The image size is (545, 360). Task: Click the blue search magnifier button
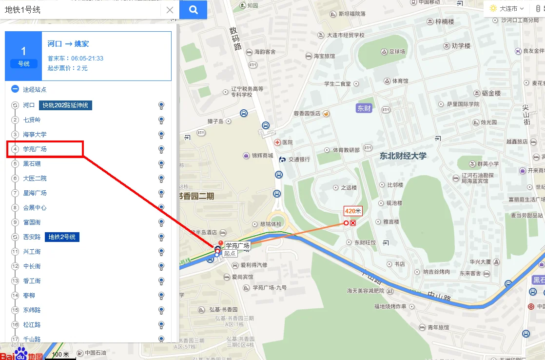tap(193, 10)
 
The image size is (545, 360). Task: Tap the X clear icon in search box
tap(170, 10)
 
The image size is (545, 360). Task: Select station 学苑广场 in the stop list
tap(35, 149)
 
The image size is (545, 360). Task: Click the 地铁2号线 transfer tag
tap(62, 237)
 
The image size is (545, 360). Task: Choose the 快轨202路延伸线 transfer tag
tap(66, 105)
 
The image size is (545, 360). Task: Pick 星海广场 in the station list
tap(35, 193)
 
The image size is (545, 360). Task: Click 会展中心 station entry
tap(35, 207)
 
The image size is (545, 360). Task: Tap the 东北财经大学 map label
tap(403, 156)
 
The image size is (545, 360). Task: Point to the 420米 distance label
tap(353, 211)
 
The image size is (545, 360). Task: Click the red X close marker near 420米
tap(353, 223)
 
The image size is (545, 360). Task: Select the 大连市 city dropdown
tap(507, 8)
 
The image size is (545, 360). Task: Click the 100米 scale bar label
tap(60, 355)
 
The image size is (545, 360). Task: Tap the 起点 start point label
tap(230, 254)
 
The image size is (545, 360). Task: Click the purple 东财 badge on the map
tap(364, 108)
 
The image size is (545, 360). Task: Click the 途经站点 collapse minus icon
tap(15, 89)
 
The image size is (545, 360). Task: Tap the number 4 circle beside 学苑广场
tap(15, 149)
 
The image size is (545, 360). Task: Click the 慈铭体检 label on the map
tap(271, 224)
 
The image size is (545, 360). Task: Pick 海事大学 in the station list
tap(35, 134)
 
